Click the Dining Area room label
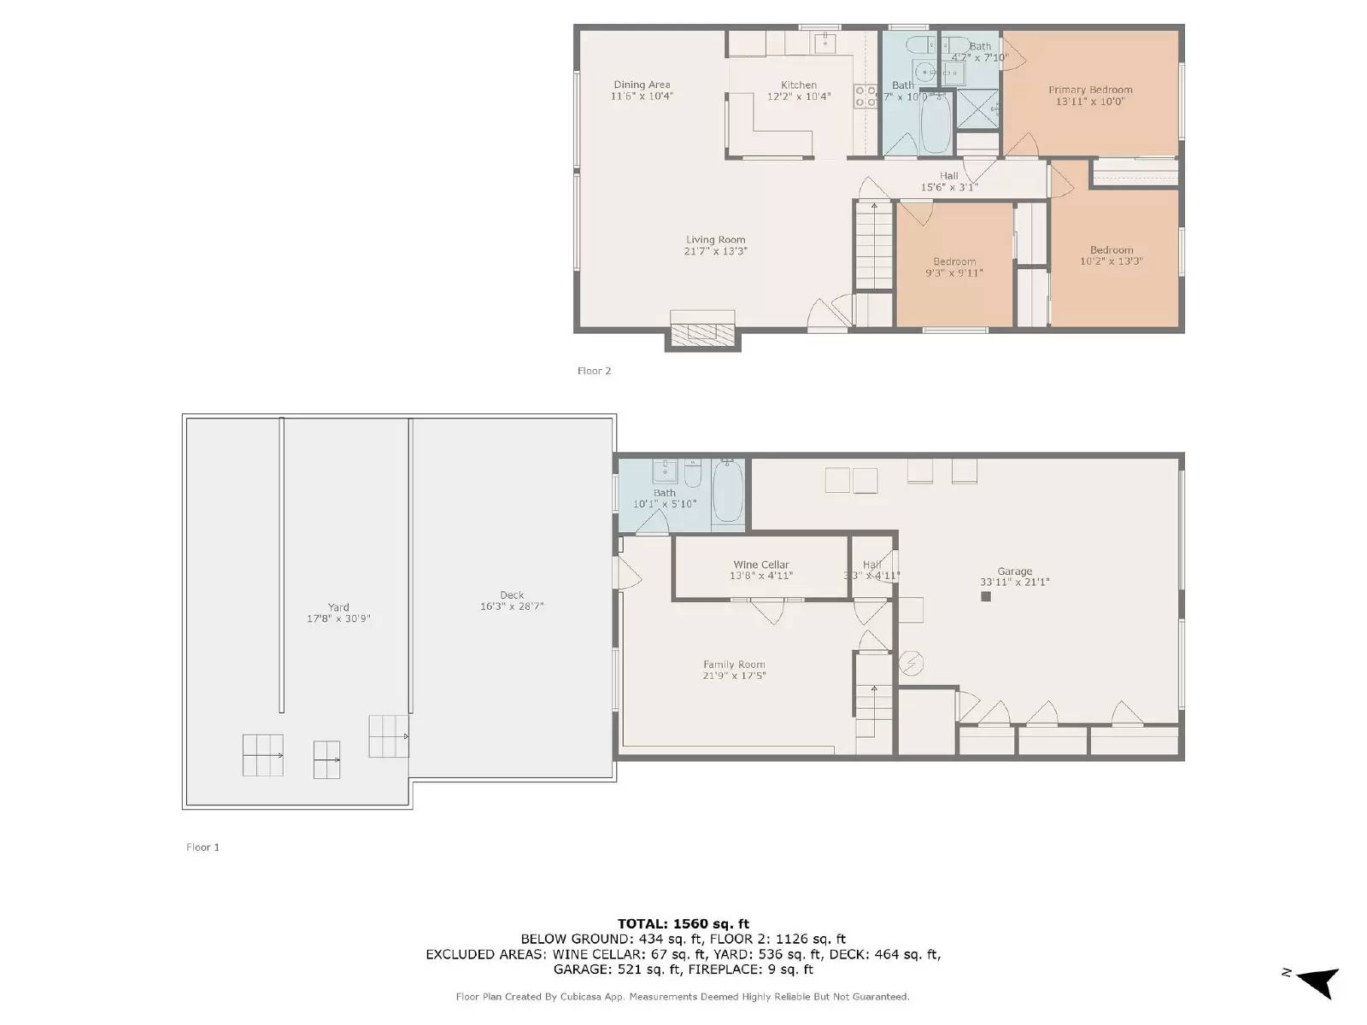coord(642,85)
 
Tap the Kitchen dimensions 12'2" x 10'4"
coord(798,97)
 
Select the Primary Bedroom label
coord(1090,90)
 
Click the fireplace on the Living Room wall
coord(702,333)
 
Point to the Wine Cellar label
coord(760,565)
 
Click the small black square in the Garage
coord(985,597)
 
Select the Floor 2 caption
coord(594,371)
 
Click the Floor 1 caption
coord(202,847)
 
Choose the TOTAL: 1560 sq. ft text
coord(683,923)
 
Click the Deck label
coord(512,595)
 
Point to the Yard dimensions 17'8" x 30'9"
coord(338,618)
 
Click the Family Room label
coord(734,665)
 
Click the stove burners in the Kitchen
coord(865,96)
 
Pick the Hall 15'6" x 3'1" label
coord(948,181)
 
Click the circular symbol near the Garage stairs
coord(912,662)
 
